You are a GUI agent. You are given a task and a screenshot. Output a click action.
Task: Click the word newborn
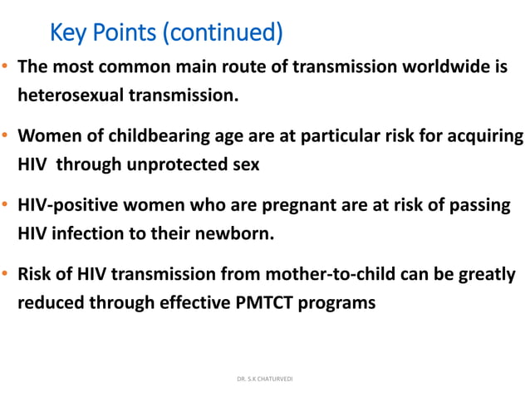pos(234,233)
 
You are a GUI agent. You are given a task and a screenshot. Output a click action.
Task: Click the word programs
pos(341,302)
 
